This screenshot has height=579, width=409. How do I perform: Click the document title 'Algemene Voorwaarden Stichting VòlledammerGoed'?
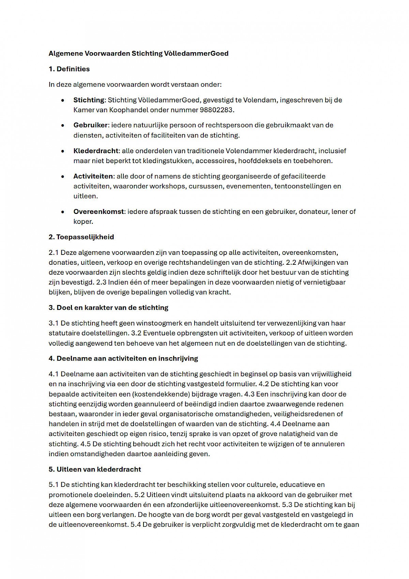click(x=138, y=54)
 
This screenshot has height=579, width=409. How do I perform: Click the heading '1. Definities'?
click(x=69, y=69)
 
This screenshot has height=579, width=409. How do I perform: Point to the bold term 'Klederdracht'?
click(x=96, y=151)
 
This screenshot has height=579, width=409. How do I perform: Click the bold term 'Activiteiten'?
click(x=93, y=176)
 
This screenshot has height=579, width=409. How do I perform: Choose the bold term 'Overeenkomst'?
click(x=99, y=212)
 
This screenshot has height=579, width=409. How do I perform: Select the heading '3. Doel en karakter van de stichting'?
click(x=108, y=308)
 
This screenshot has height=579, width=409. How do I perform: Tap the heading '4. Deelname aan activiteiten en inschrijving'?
click(x=123, y=359)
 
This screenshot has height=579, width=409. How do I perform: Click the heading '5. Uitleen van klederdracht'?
click(x=95, y=469)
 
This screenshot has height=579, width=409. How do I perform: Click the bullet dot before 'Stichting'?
click(x=63, y=101)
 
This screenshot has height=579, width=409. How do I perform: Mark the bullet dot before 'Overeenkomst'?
click(x=63, y=212)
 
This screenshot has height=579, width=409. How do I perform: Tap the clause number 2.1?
click(x=54, y=253)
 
